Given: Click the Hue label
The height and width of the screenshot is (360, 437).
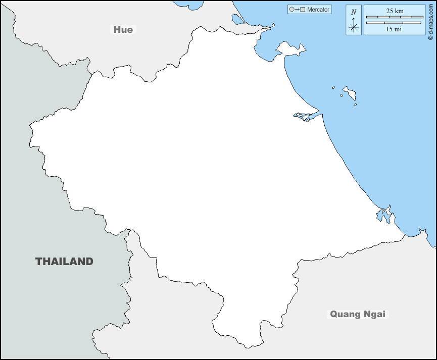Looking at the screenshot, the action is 123,30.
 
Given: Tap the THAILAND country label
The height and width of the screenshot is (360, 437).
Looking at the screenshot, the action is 64,262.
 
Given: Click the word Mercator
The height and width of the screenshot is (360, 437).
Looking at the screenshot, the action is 318,10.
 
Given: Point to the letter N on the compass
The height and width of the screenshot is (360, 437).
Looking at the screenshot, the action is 354,12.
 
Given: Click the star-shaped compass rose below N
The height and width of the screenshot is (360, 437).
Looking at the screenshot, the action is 354,26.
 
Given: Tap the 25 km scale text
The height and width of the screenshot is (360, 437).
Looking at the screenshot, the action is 394,11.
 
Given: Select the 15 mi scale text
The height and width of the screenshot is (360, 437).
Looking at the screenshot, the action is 394,29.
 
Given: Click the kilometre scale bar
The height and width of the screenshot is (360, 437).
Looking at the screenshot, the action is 394,17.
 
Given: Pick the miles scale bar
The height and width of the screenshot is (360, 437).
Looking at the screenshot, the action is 394,23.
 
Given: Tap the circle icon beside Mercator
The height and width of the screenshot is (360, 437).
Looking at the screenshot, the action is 292,10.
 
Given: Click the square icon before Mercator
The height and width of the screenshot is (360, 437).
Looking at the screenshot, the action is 302,10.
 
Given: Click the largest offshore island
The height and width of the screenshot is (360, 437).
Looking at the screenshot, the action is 349,92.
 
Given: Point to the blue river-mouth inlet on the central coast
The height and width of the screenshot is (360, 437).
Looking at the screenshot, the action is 305,117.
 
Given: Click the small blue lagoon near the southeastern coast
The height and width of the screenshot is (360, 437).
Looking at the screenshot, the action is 383,216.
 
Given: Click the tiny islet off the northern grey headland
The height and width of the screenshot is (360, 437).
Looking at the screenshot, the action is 273,25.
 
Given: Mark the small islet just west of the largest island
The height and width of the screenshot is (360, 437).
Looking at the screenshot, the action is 333,87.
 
